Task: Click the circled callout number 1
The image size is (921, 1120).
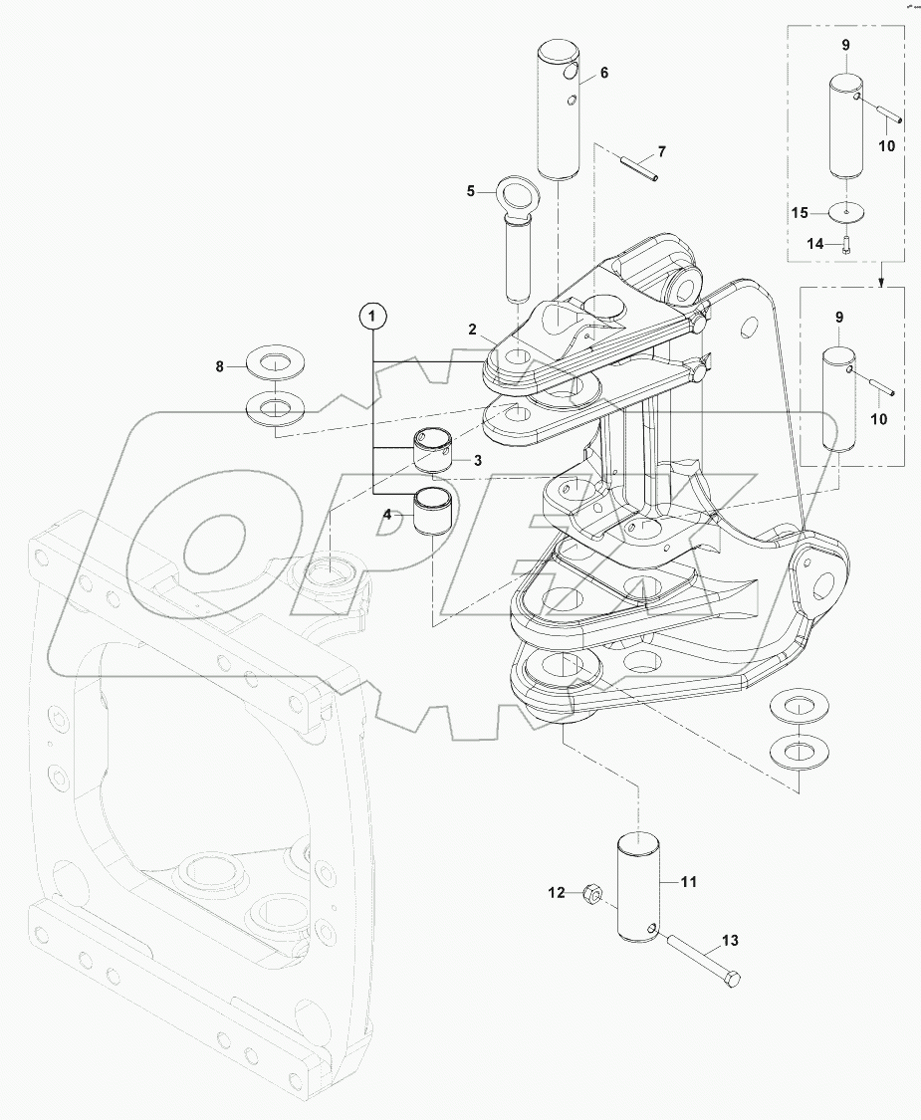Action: coord(372,317)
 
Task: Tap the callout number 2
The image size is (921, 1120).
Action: coord(474,329)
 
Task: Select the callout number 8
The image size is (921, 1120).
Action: coord(221,366)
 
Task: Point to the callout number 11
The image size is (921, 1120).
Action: coord(689,882)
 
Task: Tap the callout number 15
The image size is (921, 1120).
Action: coord(800,212)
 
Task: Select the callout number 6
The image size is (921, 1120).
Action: coord(604,74)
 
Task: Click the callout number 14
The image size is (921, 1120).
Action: coord(814,244)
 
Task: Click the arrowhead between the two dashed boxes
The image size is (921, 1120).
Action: coord(881,283)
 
